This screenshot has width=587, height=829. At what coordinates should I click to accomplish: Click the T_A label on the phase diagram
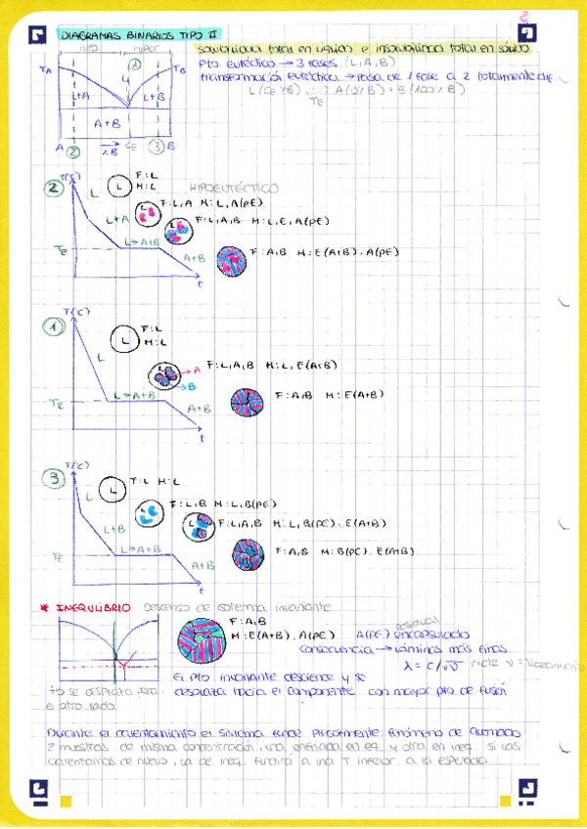tap(45, 69)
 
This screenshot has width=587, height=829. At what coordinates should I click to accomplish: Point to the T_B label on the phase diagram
tap(178, 69)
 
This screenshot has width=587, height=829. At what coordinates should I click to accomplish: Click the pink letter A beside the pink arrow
tap(197, 370)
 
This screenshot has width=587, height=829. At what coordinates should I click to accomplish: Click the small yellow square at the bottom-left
tap(67, 801)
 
